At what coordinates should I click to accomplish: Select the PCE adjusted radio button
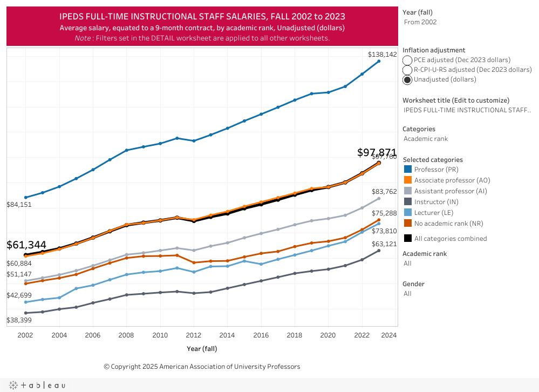[407, 60]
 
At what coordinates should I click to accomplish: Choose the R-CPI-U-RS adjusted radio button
[407, 70]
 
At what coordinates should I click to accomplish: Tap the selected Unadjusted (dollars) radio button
[407, 79]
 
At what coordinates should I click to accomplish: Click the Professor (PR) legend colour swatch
[408, 170]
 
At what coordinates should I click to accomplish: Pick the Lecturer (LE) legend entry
[434, 213]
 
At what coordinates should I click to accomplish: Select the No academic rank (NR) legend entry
[448, 224]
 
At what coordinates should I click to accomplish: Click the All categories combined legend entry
[451, 239]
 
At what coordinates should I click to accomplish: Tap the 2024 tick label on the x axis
[388, 335]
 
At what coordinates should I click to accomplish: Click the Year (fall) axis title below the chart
[202, 348]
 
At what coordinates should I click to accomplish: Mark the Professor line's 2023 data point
[379, 61]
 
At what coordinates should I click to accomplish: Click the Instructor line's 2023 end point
[379, 251]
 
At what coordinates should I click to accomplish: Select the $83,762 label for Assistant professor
[384, 192]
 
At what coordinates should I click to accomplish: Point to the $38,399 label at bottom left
[19, 320]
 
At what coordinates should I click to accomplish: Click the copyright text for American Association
[202, 367]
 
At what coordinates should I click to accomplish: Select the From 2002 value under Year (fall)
[420, 22]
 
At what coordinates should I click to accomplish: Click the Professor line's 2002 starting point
[25, 198]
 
